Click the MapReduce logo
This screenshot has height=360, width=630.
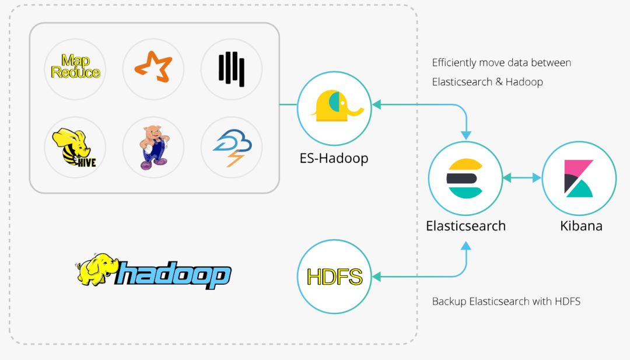pyautogui.click(x=75, y=67)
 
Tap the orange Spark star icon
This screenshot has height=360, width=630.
pyautogui.click(x=153, y=67)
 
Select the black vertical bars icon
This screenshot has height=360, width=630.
pyautogui.click(x=232, y=69)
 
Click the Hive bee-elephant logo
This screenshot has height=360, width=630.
pyautogui.click(x=74, y=148)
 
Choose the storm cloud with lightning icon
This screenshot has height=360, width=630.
pyautogui.click(x=232, y=148)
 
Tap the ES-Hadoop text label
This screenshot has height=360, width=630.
pyautogui.click(x=334, y=158)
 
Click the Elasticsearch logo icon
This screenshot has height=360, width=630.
pyautogui.click(x=464, y=179)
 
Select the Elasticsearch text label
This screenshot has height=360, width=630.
pyautogui.click(x=466, y=226)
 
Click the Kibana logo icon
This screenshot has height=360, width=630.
pyautogui.click(x=579, y=179)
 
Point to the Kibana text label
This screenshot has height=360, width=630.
pyautogui.click(x=581, y=226)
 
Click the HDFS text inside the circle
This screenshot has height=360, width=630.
pyautogui.click(x=334, y=277)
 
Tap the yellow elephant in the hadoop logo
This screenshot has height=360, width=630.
pyautogui.click(x=96, y=268)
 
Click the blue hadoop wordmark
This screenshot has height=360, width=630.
pyautogui.click(x=173, y=274)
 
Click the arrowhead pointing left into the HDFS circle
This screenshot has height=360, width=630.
pyautogui.click(x=376, y=277)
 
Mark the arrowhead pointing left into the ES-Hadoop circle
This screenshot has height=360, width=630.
pyautogui.click(x=376, y=105)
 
